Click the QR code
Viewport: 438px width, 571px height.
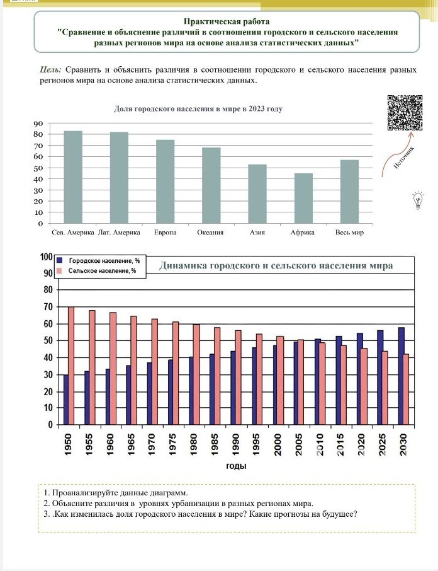click(404, 112)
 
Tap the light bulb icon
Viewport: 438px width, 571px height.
click(416, 200)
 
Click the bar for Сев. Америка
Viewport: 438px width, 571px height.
click(73, 176)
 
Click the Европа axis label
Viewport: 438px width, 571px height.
click(165, 233)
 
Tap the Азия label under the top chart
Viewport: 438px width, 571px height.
click(257, 233)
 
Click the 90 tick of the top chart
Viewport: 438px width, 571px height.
click(38, 124)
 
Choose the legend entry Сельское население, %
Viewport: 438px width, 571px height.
click(101, 270)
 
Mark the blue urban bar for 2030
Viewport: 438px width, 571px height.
click(401, 376)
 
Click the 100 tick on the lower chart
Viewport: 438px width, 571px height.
click(45, 257)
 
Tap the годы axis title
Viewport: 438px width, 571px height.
click(236, 466)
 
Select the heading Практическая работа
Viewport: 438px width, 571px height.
click(226, 21)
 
